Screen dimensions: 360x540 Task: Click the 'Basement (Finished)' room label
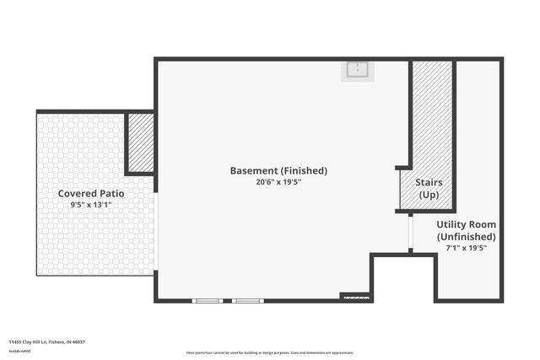[278, 170]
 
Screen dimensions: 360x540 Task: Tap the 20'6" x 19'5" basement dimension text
[278, 181]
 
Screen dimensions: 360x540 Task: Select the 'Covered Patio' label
[91, 193]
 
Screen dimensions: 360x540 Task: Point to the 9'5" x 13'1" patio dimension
[91, 204]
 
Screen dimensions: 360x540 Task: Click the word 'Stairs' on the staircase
[429, 182]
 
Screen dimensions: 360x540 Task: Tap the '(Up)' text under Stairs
[429, 195]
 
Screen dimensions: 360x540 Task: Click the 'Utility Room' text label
[466, 224]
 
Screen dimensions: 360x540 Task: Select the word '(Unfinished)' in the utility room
[466, 237]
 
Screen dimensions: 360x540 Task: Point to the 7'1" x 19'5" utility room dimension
[466, 248]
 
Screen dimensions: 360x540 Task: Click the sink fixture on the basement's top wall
[357, 70]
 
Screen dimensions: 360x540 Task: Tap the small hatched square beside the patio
[140, 142]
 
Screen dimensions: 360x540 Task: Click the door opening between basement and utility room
[410, 232]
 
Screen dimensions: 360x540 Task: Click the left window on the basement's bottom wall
[208, 300]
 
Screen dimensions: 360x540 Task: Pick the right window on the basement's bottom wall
[247, 300]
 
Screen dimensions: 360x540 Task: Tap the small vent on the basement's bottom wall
[354, 296]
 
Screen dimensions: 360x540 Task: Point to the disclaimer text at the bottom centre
[270, 352]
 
